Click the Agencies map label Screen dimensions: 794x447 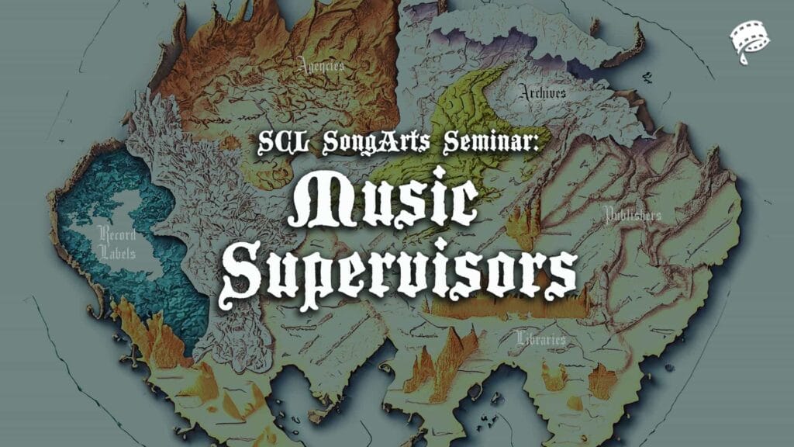321,65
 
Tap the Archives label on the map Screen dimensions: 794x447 542,92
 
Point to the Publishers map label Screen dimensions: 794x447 633,215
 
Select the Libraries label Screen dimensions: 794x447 540,338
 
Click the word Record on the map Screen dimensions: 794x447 117,234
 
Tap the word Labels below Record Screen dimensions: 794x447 118,252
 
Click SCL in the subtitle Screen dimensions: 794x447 283,143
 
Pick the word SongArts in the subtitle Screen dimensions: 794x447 376,143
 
